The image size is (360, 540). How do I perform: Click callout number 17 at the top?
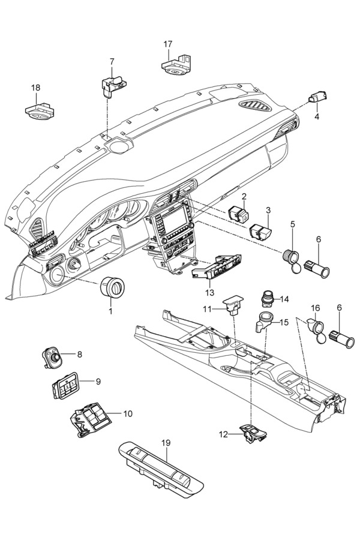(168, 44)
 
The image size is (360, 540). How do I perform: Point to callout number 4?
(317, 116)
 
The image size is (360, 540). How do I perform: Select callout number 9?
(98, 381)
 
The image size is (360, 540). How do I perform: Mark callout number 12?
(224, 434)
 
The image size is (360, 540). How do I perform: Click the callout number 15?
(284, 322)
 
